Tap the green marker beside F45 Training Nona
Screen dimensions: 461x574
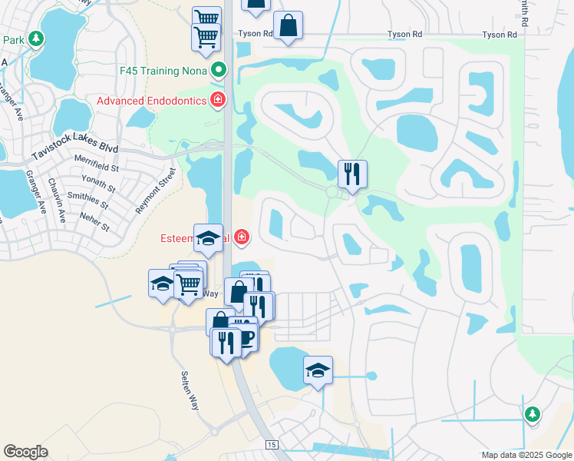point(219,71)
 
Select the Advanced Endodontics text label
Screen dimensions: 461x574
point(151,101)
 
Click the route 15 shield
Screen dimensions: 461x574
point(271,445)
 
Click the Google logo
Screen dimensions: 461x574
point(25,452)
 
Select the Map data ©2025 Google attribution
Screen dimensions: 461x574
point(526,455)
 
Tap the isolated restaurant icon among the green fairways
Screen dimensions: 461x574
point(352,174)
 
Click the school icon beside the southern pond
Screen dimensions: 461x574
point(318,370)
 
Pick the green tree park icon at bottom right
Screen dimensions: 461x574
point(532,415)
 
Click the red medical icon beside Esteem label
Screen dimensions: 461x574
point(242,237)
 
